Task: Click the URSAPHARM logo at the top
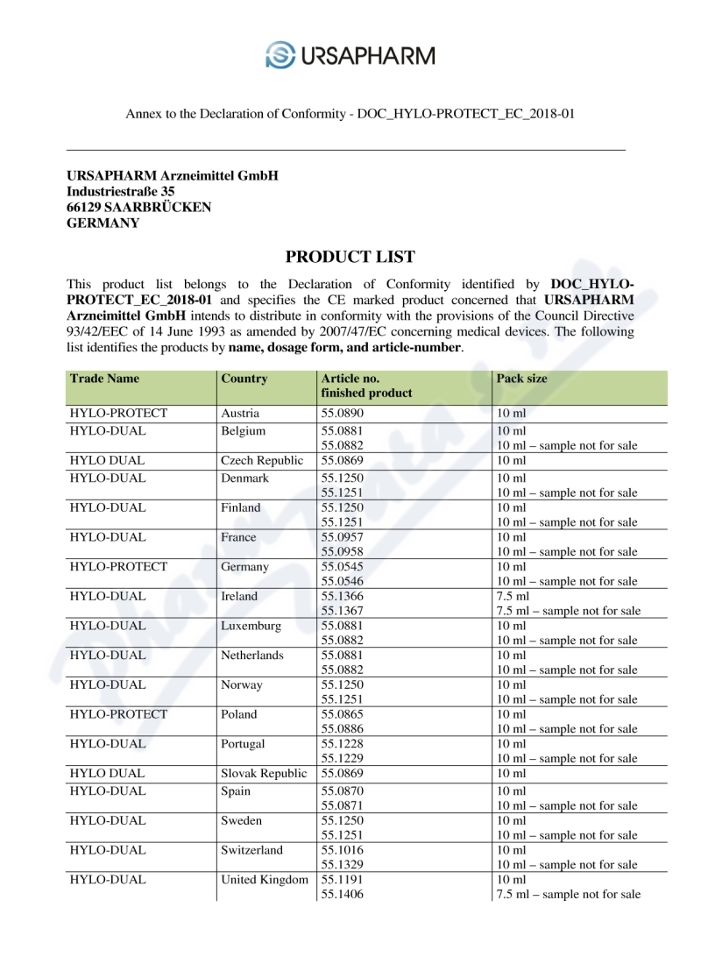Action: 350,55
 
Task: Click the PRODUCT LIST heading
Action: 350,257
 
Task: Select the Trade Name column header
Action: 104,379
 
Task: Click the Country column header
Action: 244,379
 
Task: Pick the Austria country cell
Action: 241,413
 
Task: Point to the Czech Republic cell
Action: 262,460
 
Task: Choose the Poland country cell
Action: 239,714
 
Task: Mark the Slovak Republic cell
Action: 264,774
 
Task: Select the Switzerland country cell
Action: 251,850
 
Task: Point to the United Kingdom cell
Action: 265,880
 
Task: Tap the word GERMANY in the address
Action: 103,223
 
